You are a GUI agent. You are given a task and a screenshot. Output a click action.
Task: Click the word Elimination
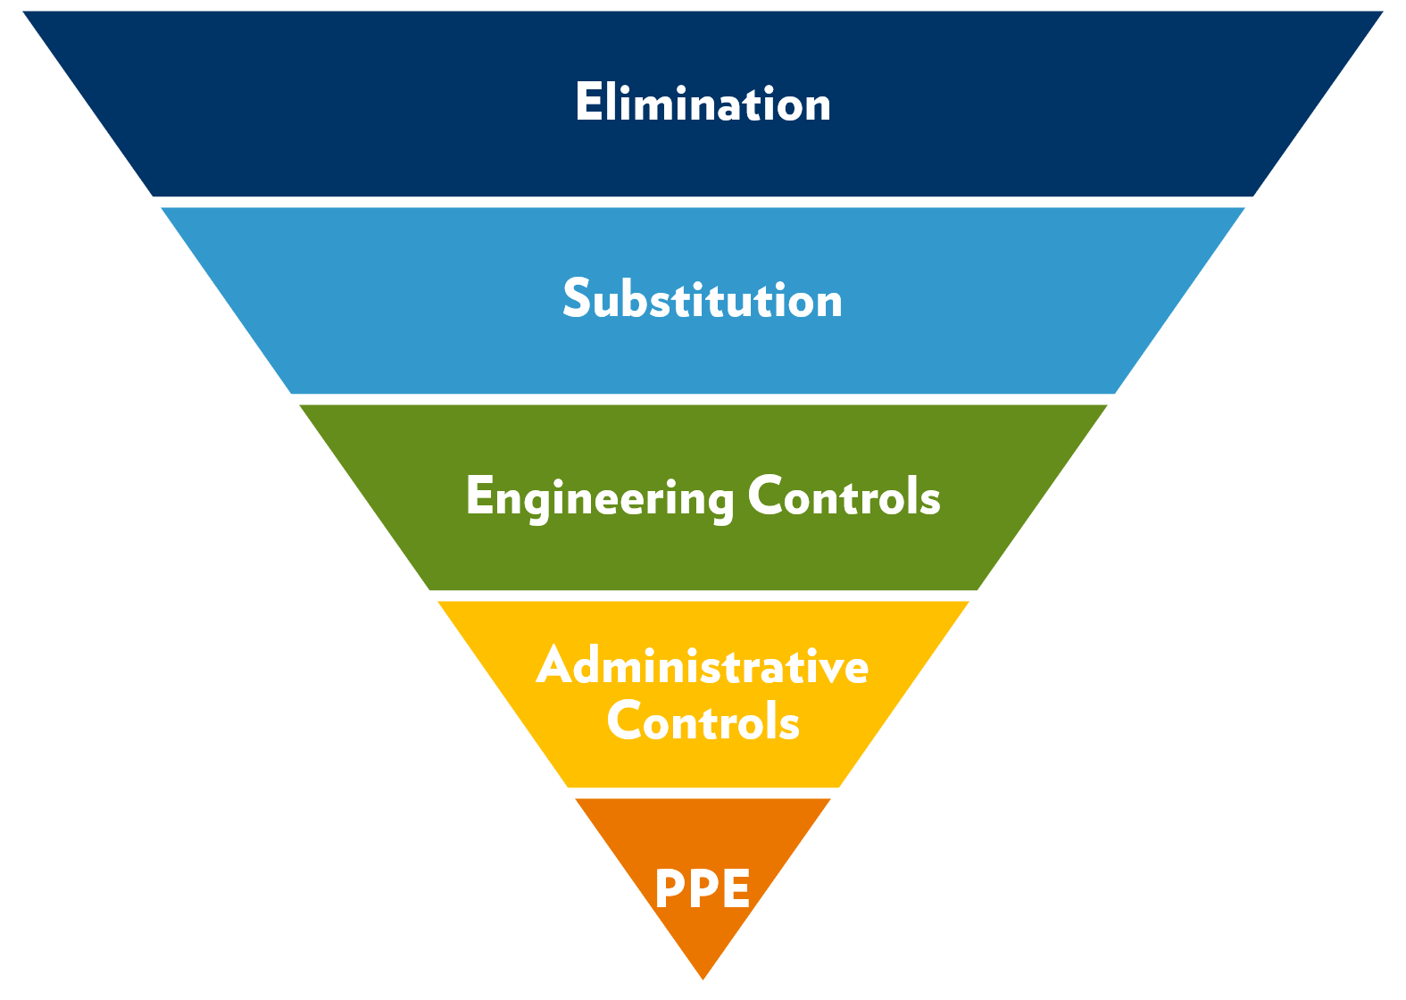click(x=703, y=103)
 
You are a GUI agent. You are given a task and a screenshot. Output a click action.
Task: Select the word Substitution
click(x=703, y=299)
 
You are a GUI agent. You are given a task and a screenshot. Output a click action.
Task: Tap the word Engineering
click(x=600, y=497)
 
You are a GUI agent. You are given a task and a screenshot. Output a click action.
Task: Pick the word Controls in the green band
click(x=844, y=496)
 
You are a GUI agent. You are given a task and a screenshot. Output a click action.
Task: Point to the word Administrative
click(x=703, y=665)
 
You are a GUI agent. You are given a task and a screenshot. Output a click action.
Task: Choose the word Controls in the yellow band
click(x=703, y=721)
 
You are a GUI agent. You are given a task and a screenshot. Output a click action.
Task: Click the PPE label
click(x=703, y=888)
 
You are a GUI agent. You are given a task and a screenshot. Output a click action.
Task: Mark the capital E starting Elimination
click(x=588, y=102)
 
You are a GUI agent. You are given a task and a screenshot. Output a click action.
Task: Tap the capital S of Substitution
click(x=578, y=298)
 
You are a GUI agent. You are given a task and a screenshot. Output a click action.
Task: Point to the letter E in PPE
click(x=734, y=888)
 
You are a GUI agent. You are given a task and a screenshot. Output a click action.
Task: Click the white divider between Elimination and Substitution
click(x=703, y=202)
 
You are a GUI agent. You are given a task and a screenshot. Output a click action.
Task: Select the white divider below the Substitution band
click(x=703, y=399)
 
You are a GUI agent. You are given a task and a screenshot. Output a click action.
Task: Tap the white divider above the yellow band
click(x=703, y=596)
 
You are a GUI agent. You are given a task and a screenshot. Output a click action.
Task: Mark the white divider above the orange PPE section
click(x=703, y=793)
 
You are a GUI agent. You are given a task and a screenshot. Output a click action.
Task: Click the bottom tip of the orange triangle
click(x=703, y=980)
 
